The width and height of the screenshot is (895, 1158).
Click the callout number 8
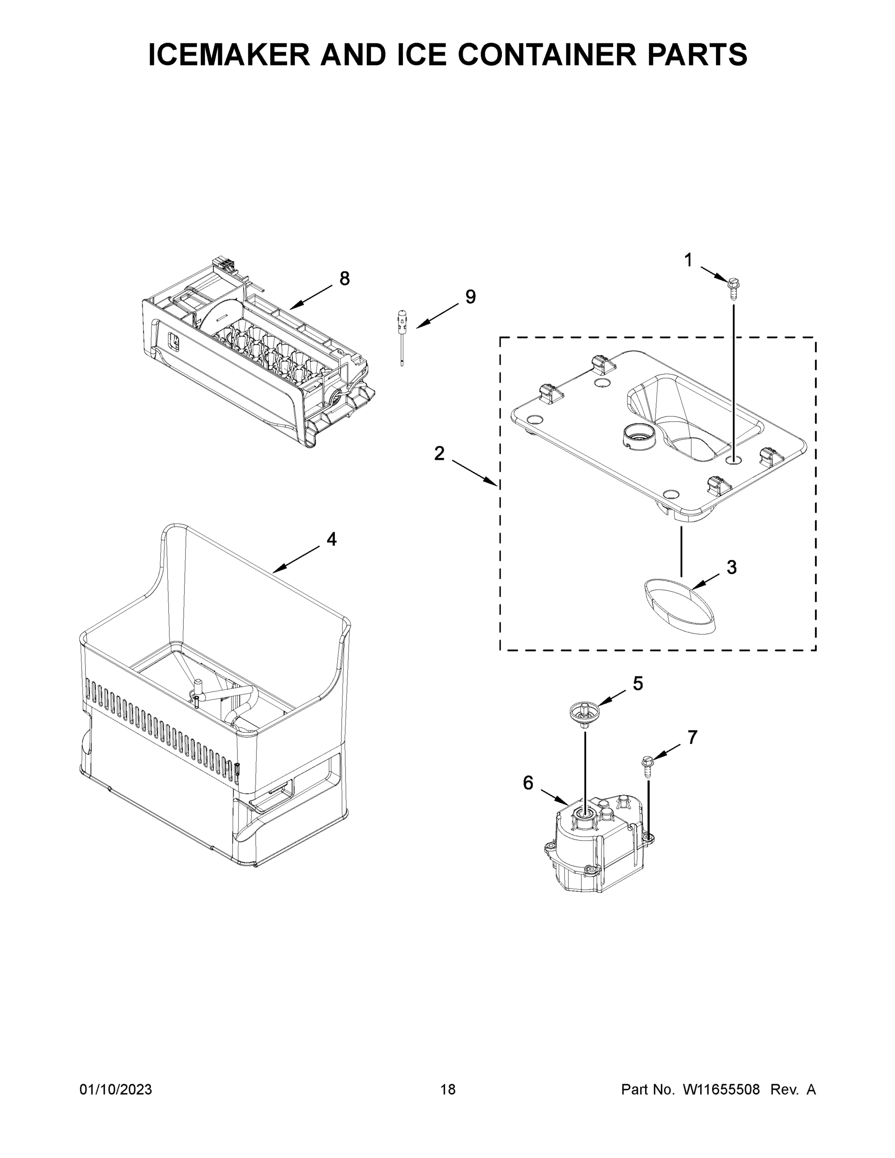[344, 278]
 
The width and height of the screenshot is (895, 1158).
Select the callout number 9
[470, 297]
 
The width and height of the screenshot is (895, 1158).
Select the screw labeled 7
[647, 767]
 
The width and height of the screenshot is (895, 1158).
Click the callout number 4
[331, 539]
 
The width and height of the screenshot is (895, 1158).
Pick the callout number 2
[439, 454]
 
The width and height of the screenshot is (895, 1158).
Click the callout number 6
[528, 783]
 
